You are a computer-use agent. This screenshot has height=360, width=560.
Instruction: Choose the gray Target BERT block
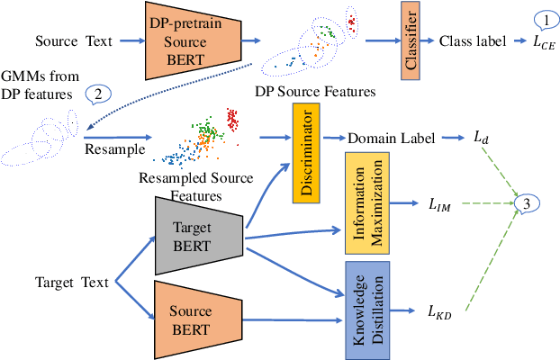(x=194, y=235)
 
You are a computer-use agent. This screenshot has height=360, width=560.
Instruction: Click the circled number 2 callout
(x=97, y=94)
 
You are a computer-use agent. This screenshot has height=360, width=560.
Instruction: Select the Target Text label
(x=68, y=282)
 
